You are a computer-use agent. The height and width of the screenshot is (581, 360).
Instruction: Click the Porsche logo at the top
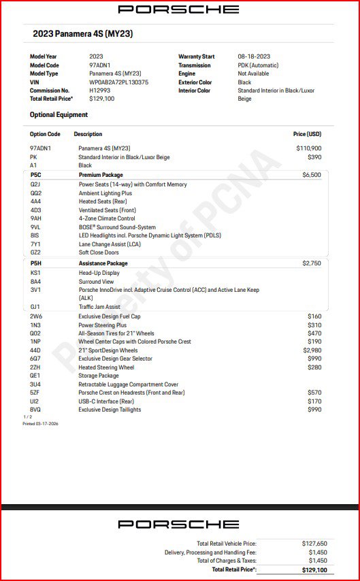tap(178, 10)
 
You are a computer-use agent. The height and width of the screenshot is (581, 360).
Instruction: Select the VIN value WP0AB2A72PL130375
tap(118, 82)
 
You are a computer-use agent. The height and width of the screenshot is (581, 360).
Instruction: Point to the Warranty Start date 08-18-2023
tap(254, 56)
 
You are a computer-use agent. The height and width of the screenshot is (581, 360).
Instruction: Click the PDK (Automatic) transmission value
tap(258, 65)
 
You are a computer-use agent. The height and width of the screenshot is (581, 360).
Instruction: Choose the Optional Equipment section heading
tap(59, 115)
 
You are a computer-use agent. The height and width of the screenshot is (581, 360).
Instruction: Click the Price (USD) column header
tap(307, 134)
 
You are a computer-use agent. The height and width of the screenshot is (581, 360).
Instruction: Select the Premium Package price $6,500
tap(311, 175)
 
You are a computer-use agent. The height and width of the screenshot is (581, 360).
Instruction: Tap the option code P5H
tap(36, 263)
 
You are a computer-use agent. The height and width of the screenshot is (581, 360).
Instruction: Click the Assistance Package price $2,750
tap(311, 263)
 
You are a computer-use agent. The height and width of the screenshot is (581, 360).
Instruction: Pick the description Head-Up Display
tap(101, 273)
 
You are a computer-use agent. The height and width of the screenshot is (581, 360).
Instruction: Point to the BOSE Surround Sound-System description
tap(117, 227)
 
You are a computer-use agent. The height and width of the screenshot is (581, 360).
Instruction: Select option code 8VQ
tap(35, 410)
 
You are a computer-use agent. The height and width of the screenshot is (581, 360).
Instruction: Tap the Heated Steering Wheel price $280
tap(314, 367)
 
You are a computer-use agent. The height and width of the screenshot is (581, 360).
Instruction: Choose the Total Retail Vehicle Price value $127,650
tap(314, 544)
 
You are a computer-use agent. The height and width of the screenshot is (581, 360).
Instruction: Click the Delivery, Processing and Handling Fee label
tap(210, 552)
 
